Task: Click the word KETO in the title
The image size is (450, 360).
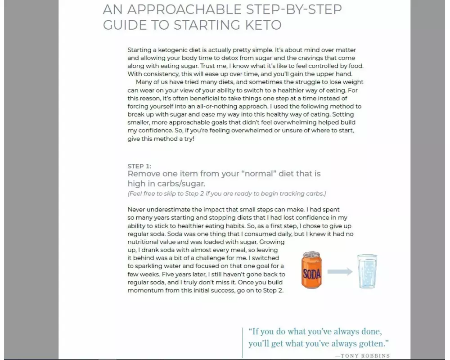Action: (x=263, y=25)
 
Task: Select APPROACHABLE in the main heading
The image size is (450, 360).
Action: (x=184, y=9)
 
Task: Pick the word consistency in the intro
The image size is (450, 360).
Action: (x=162, y=74)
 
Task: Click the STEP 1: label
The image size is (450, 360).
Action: (x=139, y=166)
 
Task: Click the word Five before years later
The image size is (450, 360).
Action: (x=167, y=274)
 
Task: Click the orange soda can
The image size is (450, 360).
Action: (x=311, y=270)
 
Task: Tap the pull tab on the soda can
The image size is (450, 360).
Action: (x=311, y=254)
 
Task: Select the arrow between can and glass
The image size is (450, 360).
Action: (x=340, y=272)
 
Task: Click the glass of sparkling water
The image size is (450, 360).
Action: (x=367, y=271)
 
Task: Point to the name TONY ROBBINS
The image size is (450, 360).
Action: (x=365, y=355)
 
